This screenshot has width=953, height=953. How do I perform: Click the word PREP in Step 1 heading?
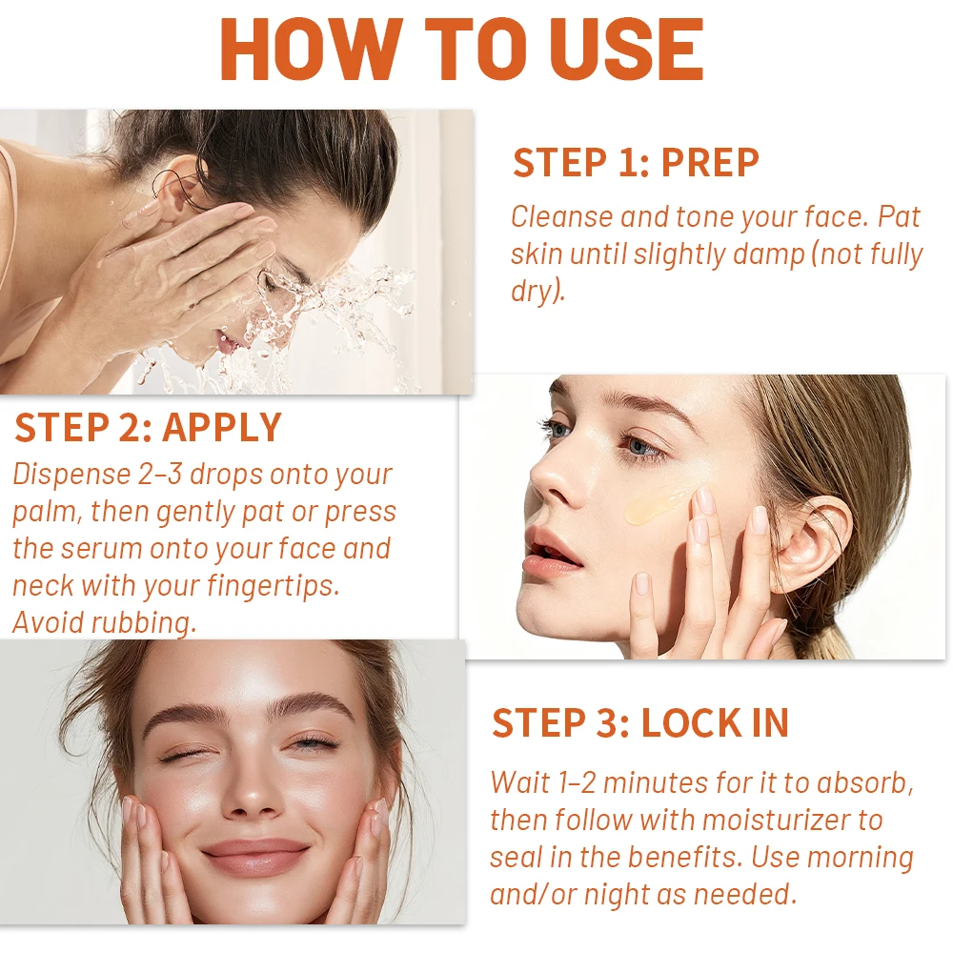(710, 162)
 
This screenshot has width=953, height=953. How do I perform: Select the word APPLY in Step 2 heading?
(222, 427)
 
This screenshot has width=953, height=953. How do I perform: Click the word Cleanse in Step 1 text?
(561, 217)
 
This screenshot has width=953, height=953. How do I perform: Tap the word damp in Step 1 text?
(769, 255)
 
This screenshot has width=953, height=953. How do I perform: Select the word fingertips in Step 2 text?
(273, 586)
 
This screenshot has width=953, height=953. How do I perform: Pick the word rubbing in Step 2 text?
(143, 623)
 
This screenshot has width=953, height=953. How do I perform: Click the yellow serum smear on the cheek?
(657, 506)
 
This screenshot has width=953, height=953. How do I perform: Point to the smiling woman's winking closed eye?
(181, 756)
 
